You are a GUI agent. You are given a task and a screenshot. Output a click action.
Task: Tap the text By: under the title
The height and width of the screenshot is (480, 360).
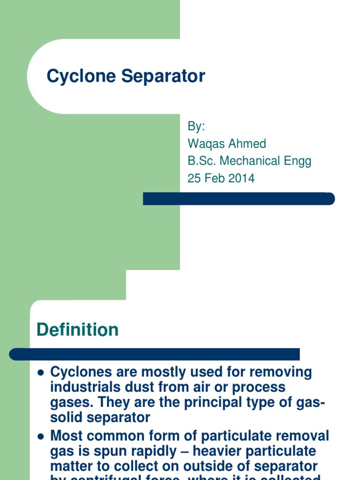196,127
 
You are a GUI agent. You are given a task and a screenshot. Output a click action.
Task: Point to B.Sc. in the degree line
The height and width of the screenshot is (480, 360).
202,161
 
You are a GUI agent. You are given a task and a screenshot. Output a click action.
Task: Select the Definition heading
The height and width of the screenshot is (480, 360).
77,330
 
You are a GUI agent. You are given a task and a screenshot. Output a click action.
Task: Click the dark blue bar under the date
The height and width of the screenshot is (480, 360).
239,199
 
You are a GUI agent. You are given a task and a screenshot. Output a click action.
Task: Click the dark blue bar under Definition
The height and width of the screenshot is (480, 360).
155,354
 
